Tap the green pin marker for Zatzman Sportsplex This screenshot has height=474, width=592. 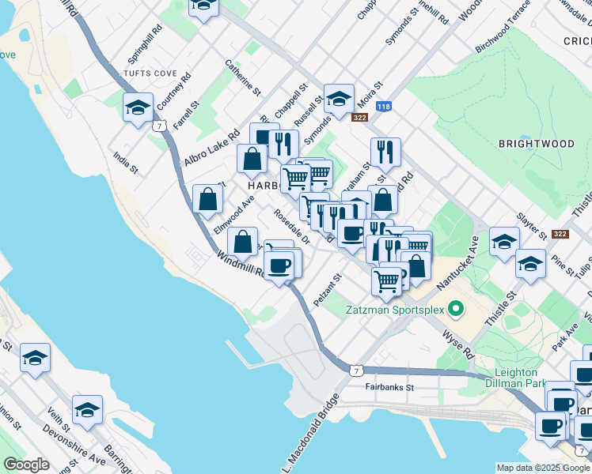click(455, 308)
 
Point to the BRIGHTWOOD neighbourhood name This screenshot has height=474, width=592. click(536, 144)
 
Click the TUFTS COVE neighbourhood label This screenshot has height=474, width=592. click(148, 73)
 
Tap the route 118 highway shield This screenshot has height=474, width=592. click(384, 107)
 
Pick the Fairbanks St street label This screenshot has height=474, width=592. click(389, 387)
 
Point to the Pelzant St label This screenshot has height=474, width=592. click(327, 290)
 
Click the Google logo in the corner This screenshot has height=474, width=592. click(26, 465)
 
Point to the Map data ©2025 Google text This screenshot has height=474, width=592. click(542, 468)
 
